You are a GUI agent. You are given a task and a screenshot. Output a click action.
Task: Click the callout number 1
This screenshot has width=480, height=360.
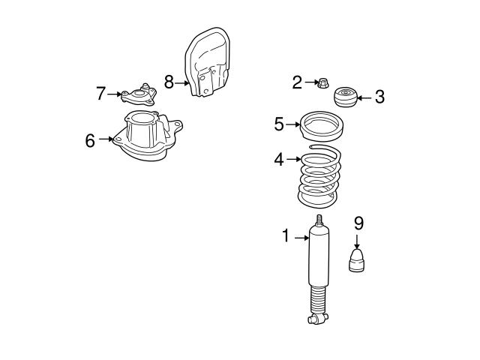tap(286, 237)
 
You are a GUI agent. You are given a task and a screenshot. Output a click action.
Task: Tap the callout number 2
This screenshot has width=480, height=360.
tap(297, 82)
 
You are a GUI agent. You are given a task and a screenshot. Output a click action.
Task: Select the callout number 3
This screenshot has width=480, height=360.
tap(379, 96)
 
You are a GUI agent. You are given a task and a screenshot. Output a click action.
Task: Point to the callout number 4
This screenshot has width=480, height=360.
tap(279, 159)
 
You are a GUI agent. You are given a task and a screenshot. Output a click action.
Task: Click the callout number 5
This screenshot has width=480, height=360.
tap(279, 124)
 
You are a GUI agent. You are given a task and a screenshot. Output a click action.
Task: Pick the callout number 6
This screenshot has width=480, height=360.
tap(90, 140)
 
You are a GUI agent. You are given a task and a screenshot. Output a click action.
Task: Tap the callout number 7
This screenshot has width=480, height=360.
tap(101, 94)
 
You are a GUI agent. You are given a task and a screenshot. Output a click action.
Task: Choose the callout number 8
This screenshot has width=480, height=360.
tap(169, 82)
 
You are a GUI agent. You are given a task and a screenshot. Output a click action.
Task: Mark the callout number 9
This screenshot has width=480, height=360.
tap(358, 223)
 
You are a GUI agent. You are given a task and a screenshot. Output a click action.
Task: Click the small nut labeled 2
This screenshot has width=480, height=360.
tap(322, 82)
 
